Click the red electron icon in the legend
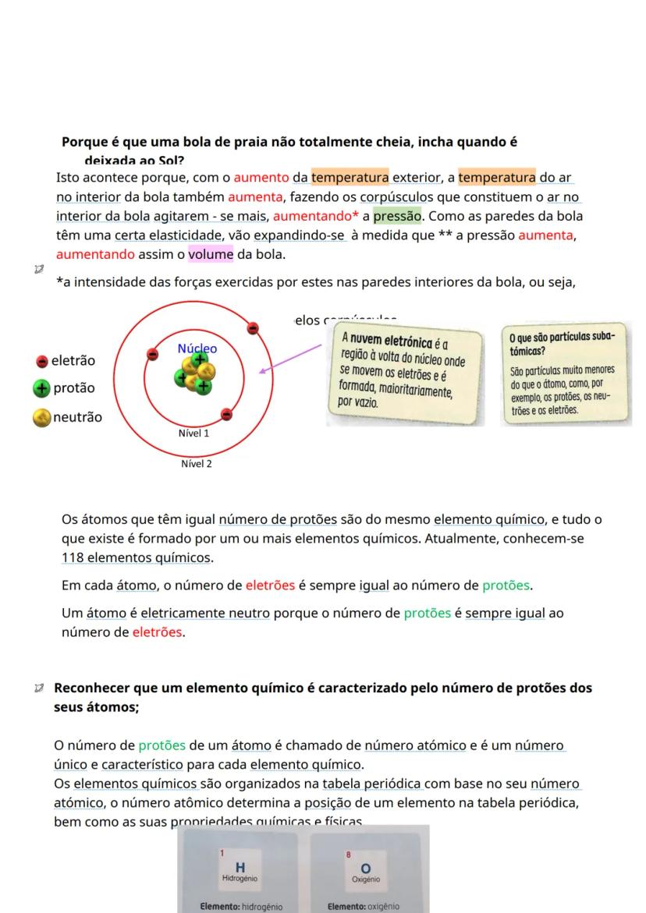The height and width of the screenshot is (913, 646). click(x=42, y=361)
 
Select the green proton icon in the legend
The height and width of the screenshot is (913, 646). click(x=42, y=388)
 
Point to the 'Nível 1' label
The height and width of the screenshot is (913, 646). click(x=194, y=433)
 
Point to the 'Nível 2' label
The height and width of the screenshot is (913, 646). click(x=196, y=464)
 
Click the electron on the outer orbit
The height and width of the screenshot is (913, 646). click(x=253, y=329)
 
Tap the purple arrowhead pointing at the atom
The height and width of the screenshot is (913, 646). click(x=261, y=370)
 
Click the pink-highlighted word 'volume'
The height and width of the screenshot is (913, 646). click(x=211, y=254)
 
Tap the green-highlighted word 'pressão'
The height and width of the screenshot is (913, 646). click(x=396, y=215)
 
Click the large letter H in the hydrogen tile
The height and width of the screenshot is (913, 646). click(x=240, y=868)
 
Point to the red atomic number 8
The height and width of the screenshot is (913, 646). click(x=348, y=855)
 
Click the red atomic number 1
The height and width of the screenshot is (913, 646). click(x=222, y=854)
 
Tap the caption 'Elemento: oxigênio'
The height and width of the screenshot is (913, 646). click(x=365, y=906)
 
